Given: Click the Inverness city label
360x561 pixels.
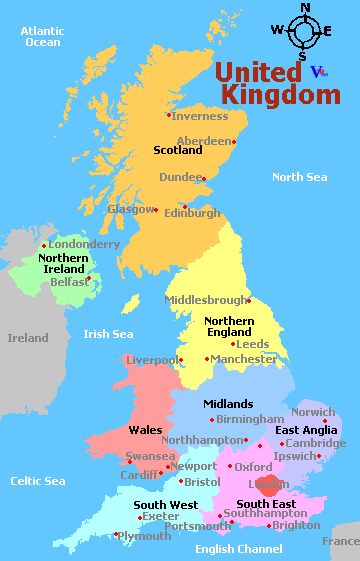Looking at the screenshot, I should (x=201, y=115).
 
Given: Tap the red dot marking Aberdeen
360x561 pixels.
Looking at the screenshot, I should (x=235, y=141).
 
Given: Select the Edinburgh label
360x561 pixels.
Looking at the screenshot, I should (x=192, y=213).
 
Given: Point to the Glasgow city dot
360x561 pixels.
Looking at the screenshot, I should (x=157, y=209).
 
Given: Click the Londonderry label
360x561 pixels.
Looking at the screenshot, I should (x=84, y=244).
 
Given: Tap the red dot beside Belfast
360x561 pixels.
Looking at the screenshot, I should (x=89, y=278).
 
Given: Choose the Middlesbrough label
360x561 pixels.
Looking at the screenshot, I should (x=205, y=300).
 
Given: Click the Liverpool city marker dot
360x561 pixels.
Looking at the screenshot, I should (x=181, y=359).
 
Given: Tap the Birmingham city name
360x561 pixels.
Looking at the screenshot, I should (x=250, y=419).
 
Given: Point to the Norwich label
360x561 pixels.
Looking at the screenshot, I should (x=313, y=412).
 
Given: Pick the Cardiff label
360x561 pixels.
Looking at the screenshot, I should (x=138, y=475).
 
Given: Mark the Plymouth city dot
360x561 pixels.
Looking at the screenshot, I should (x=116, y=536).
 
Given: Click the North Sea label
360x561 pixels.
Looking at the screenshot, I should (x=300, y=177).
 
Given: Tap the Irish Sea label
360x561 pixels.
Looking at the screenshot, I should (x=109, y=334).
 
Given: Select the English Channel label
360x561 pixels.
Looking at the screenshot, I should (x=239, y=549).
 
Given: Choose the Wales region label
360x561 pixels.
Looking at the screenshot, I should (x=145, y=430).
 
